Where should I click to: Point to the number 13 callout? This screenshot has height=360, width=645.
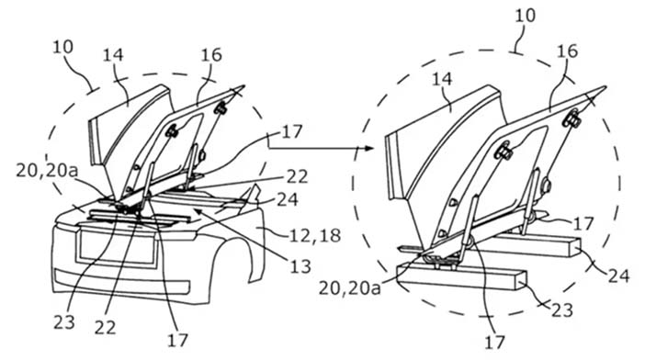point(300,266)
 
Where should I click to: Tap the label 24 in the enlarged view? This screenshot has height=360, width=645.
point(619,276)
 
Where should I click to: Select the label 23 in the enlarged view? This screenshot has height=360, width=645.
point(562,309)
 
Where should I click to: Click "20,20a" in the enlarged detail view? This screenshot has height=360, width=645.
point(350,288)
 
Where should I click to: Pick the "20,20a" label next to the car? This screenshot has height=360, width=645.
point(47,171)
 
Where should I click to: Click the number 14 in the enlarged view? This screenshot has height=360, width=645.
point(442,79)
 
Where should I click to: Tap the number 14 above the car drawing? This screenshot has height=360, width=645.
point(113,54)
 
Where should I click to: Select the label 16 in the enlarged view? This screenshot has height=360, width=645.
point(568,51)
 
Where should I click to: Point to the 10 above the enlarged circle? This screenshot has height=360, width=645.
point(526,16)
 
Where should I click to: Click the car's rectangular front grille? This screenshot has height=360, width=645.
point(117,247)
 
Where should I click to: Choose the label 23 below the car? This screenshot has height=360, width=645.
point(64,321)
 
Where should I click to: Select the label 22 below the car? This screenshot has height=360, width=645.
point(105,328)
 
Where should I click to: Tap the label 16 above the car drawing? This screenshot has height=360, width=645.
point(211,54)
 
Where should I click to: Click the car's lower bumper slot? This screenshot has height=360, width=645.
point(122,282)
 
